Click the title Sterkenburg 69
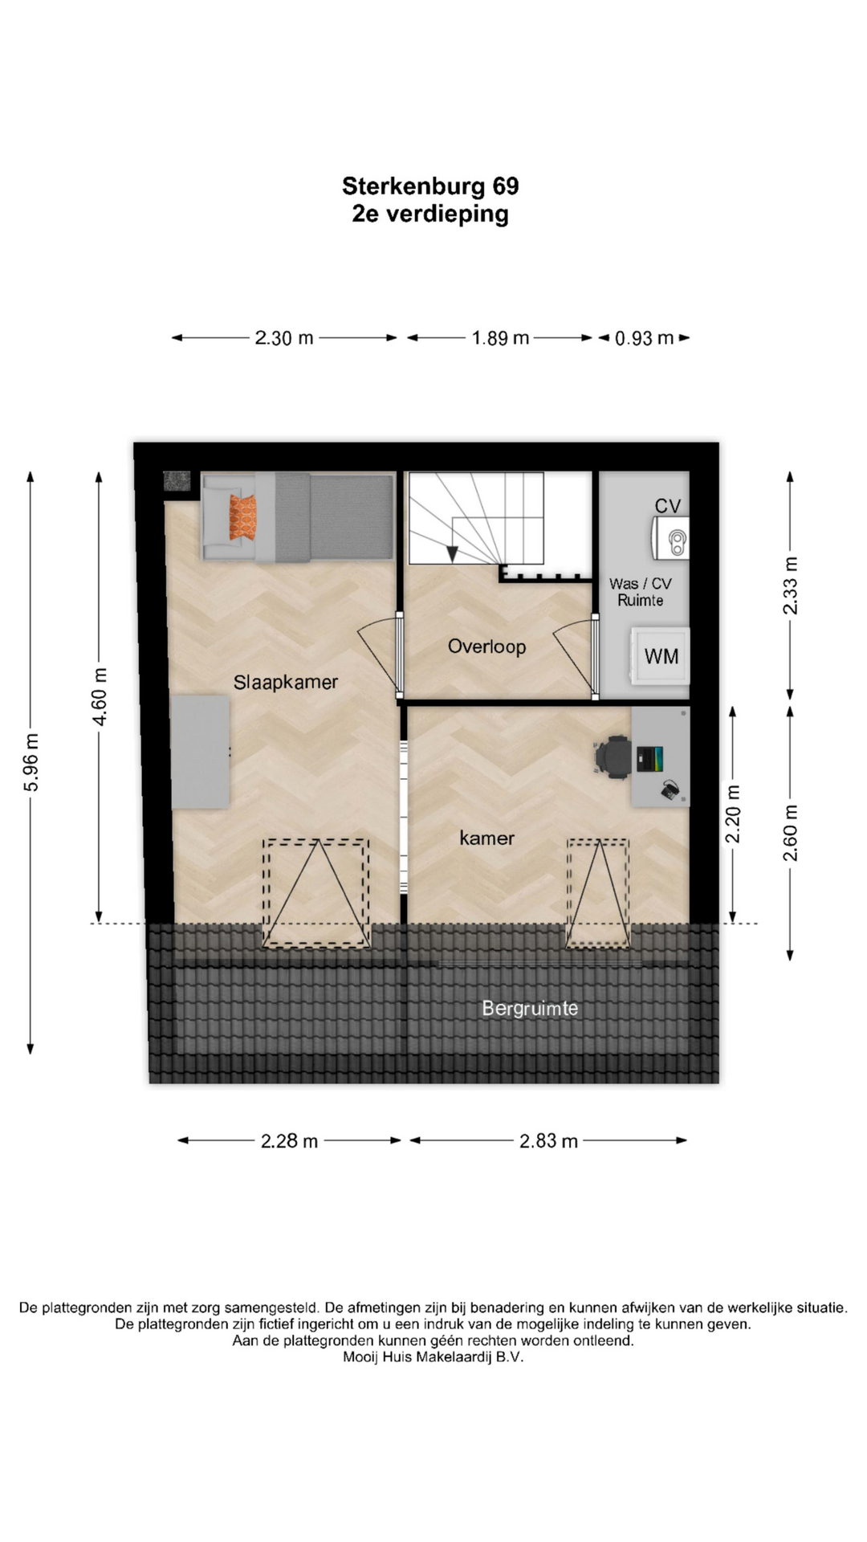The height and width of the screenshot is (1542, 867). [x=430, y=186]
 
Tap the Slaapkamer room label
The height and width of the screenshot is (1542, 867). [x=286, y=682]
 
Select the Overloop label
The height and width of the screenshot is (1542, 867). [x=486, y=647]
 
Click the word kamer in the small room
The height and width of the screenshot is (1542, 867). [x=486, y=838]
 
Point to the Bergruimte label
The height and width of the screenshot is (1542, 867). [x=530, y=1008]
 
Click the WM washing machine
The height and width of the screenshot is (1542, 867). [x=660, y=656]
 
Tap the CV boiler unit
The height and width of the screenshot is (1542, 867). [x=670, y=537]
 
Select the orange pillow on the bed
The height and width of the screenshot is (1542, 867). [x=242, y=517]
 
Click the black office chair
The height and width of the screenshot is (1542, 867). [x=613, y=757]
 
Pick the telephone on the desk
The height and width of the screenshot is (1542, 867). [x=670, y=790]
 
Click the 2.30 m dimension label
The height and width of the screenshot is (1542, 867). [x=284, y=338]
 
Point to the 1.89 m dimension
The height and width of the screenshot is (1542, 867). [x=500, y=338]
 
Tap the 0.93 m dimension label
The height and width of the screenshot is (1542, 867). [x=644, y=338]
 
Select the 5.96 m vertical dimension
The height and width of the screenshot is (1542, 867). [x=31, y=762]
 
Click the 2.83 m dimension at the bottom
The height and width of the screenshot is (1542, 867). [x=548, y=1140]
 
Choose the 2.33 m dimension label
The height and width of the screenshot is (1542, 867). [x=791, y=585]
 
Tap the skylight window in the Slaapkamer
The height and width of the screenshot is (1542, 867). [x=316, y=893]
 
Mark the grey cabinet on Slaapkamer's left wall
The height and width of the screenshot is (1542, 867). [x=201, y=752]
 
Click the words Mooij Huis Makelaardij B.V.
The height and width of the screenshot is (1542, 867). [x=433, y=1356]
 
